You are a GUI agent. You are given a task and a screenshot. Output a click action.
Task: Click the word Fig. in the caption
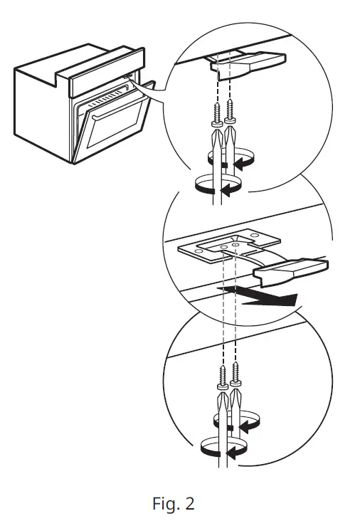click(165, 504)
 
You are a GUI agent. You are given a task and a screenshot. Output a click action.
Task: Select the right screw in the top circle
click(229, 110)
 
